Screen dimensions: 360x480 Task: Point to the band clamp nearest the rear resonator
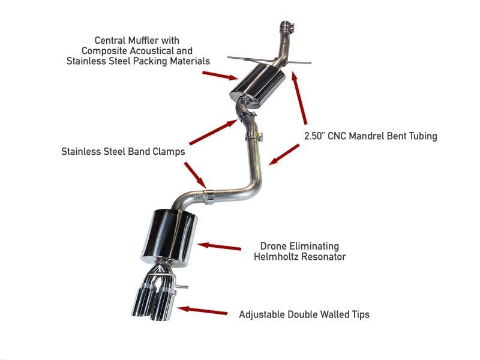[x=210, y=196]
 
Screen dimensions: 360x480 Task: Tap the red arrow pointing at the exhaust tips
[x=203, y=311]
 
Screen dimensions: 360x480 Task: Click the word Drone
[x=274, y=246]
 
